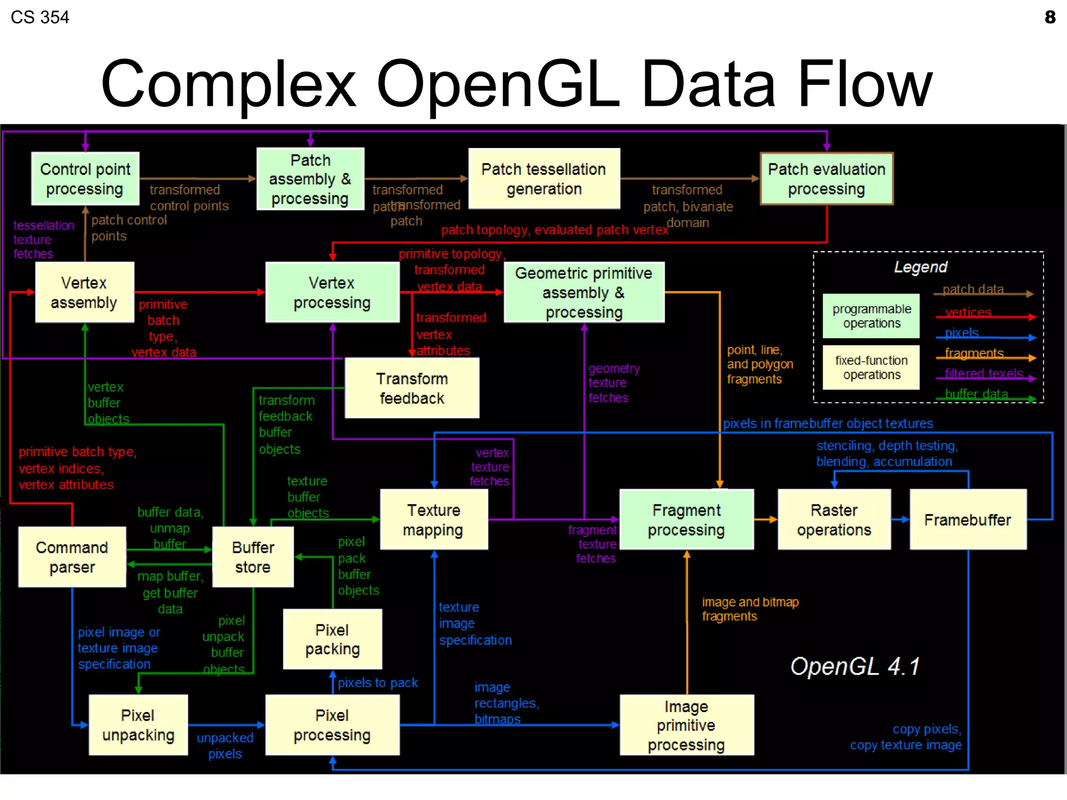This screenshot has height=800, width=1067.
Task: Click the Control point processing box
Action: coord(85,179)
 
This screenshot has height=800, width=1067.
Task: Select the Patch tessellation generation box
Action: coord(544,179)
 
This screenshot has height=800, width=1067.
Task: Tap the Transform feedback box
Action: coord(412,388)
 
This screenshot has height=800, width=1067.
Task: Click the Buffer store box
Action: coord(253,557)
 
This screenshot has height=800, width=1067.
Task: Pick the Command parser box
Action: coord(72,557)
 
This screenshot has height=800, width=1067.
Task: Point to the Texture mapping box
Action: coord(433,519)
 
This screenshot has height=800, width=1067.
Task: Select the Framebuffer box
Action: coord(967,519)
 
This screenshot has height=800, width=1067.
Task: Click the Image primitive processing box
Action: coord(686,725)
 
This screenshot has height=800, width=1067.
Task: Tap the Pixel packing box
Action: coord(332,639)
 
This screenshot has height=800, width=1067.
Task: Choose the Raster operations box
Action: coord(834,519)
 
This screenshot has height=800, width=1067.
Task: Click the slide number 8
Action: coord(1050,17)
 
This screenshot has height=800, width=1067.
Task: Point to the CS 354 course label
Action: coord(40,17)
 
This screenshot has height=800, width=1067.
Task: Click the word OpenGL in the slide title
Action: coord(498,83)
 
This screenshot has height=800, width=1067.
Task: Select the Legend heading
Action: coord(920,267)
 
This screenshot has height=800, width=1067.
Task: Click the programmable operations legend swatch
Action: coord(871,316)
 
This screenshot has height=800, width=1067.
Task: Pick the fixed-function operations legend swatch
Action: coord(871,367)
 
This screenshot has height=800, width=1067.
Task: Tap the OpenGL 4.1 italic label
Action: coord(854,666)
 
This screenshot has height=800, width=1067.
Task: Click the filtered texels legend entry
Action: coord(983,373)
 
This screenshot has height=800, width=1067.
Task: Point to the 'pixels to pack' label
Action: coord(378,682)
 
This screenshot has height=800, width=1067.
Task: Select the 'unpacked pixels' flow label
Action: coord(225,745)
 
